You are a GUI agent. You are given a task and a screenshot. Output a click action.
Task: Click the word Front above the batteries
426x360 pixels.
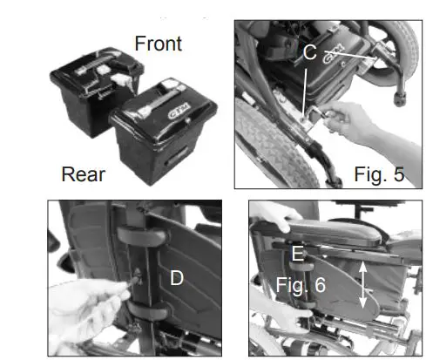pos(158,43)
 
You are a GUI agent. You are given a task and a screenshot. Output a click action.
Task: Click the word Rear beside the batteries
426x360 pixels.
pos(84,174)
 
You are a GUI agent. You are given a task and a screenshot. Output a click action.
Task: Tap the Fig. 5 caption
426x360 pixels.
pos(379,173)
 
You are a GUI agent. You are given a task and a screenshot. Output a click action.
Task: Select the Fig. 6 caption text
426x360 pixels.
pos(301,285)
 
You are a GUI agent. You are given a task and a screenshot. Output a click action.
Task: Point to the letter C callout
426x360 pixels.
pos(308,51)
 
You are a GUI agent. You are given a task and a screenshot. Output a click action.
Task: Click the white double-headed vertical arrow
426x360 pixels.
pos(363,289)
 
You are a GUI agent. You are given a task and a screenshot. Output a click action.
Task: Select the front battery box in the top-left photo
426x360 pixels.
pos(91,83)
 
